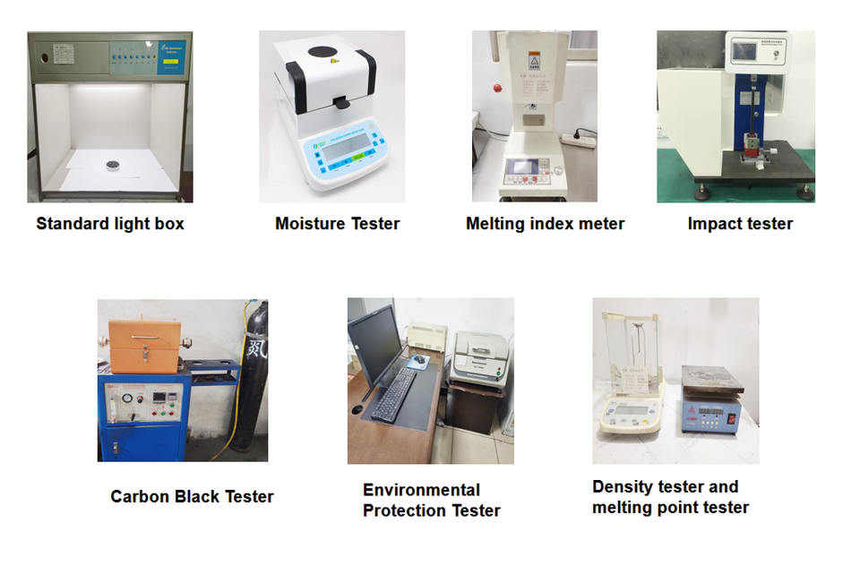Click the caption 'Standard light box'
[x=110, y=224]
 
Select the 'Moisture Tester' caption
[x=337, y=224]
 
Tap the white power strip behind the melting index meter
[x=579, y=138]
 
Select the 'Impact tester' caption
[x=740, y=224]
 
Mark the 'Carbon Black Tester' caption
[x=192, y=496]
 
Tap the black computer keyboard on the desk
[x=393, y=394]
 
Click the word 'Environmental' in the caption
[x=421, y=490]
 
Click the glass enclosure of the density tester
[x=632, y=354]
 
